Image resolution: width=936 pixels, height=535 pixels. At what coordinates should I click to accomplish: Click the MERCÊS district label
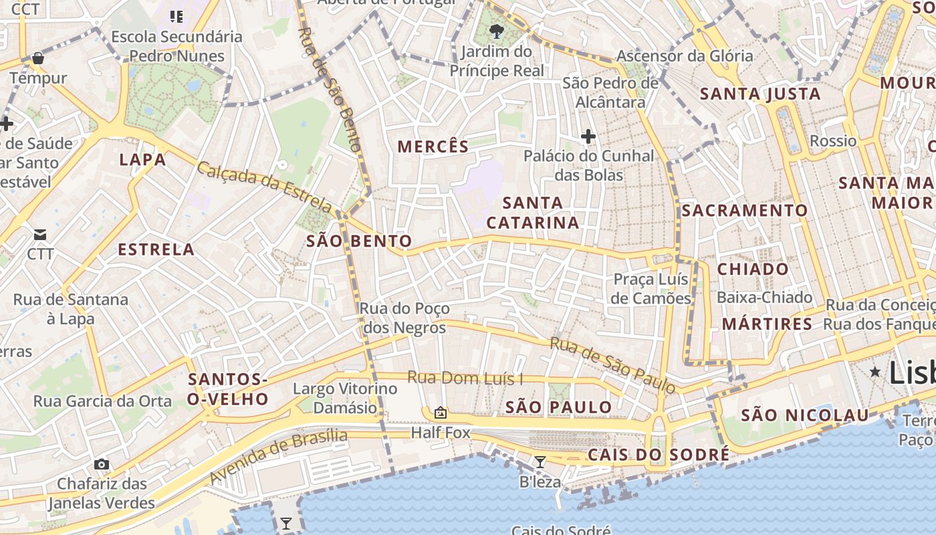433,146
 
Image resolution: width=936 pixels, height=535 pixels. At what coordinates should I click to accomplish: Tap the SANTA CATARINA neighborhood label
533,213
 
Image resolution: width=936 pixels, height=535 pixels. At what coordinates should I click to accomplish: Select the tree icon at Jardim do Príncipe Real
496,31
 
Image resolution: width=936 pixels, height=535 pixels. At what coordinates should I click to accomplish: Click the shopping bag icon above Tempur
38,58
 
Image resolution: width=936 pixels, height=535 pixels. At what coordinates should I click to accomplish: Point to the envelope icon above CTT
40,234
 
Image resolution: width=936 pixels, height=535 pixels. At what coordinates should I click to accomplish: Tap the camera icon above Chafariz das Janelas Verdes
102,464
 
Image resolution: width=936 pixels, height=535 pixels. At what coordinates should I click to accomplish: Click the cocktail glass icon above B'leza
540,461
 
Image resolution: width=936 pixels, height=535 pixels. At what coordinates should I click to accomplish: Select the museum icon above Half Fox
441,413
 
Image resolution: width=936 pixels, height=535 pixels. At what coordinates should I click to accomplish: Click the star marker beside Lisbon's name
874,371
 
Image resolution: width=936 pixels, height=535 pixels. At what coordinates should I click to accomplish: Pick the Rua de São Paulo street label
612,365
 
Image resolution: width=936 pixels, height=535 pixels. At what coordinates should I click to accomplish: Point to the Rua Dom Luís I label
465,378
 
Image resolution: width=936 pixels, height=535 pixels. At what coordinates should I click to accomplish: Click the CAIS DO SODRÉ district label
659,455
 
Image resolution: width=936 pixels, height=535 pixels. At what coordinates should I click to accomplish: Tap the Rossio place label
832,140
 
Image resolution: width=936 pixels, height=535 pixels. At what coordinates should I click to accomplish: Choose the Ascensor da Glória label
685,56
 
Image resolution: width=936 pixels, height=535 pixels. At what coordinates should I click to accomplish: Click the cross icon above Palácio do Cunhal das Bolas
588,137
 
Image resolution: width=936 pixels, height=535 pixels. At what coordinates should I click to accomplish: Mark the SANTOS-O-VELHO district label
228,389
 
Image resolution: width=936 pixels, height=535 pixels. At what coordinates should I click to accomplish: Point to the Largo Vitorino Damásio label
345,398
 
